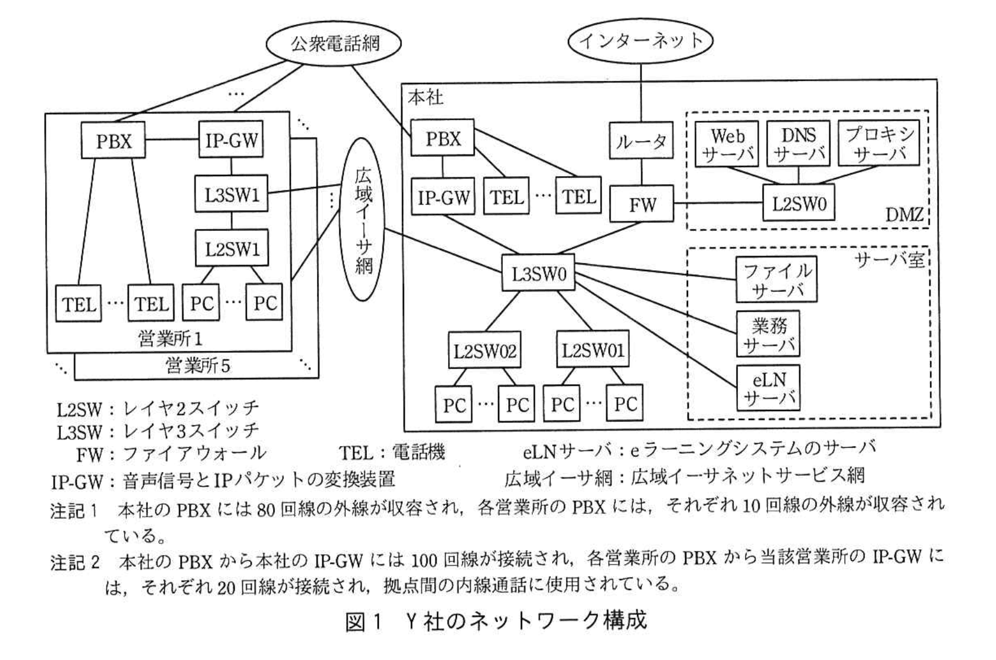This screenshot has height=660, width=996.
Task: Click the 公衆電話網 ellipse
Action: (334, 43)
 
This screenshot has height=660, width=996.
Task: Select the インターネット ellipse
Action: (641, 40)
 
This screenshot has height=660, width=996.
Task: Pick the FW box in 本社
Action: (642, 204)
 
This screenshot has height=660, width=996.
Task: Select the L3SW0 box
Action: (539, 275)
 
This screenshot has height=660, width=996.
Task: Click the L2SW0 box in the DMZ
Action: (799, 203)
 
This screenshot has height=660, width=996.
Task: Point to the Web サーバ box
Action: (727, 144)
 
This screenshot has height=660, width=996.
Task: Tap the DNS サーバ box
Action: (798, 144)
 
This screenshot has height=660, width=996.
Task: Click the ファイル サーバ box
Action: (776, 280)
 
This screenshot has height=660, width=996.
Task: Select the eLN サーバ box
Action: (769, 388)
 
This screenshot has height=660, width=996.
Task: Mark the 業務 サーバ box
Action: (769, 334)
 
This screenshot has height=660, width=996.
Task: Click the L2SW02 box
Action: (485, 351)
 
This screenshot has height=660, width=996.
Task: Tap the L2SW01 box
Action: (592, 350)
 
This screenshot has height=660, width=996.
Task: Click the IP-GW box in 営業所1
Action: (232, 141)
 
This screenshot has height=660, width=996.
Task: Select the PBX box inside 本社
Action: (443, 139)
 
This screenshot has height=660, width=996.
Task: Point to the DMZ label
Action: (904, 215)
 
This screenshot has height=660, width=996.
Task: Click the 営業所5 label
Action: (198, 365)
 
